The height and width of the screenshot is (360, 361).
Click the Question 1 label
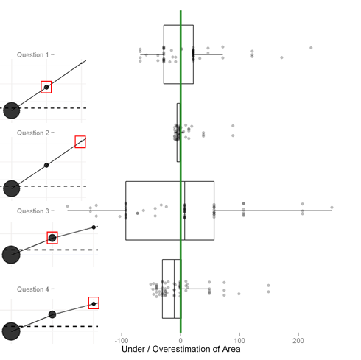point(32,54)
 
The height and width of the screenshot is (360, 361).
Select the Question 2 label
point(33,133)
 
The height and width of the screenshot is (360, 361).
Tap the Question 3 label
point(33,211)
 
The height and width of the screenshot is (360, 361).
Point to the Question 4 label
point(33,289)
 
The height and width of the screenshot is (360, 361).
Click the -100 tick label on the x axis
point(122,341)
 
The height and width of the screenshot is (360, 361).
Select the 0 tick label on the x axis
point(180,341)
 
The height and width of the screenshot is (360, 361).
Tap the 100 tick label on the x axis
point(239,341)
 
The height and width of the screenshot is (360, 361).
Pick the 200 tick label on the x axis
point(298,341)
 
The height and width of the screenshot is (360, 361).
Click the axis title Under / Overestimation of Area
point(181,349)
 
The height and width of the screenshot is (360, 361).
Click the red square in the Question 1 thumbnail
point(46,81)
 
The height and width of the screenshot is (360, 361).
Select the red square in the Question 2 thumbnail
point(80,136)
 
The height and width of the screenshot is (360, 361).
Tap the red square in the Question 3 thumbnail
point(52,232)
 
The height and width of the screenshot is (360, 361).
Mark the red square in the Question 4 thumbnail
point(94,297)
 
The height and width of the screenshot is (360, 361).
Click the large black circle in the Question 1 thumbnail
point(12,110)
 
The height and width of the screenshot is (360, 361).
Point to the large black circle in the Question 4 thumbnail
point(11,331)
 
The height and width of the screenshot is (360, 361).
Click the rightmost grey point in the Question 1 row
point(311,48)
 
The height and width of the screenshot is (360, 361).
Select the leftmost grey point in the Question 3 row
point(67,206)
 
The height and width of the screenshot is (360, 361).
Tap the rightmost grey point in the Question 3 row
point(332,208)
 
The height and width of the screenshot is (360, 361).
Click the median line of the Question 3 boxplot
point(185,211)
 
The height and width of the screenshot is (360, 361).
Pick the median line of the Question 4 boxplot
point(175,289)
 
